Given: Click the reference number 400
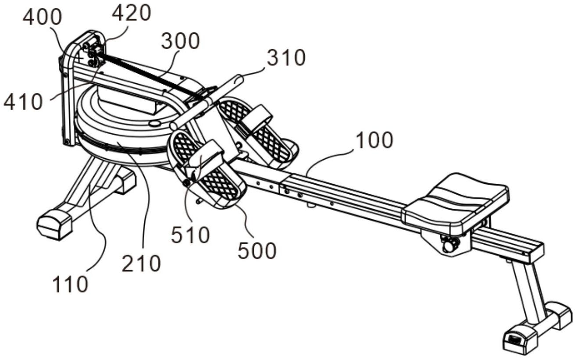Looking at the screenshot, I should tap(43, 18).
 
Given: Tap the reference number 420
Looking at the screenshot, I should tap(131, 13).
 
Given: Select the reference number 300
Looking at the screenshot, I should tap(180, 41).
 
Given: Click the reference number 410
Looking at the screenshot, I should tap(23, 102).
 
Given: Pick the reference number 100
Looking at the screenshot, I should tap(374, 141).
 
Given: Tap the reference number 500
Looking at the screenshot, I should tap(257, 251).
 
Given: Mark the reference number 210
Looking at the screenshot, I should tap(141, 264).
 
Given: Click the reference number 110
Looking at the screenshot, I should tap(70, 285).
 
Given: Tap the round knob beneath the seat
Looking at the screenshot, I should tap(449, 245).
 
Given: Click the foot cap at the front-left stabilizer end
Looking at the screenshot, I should tap(54, 224).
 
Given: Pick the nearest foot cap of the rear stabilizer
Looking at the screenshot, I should tap(520, 339).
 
